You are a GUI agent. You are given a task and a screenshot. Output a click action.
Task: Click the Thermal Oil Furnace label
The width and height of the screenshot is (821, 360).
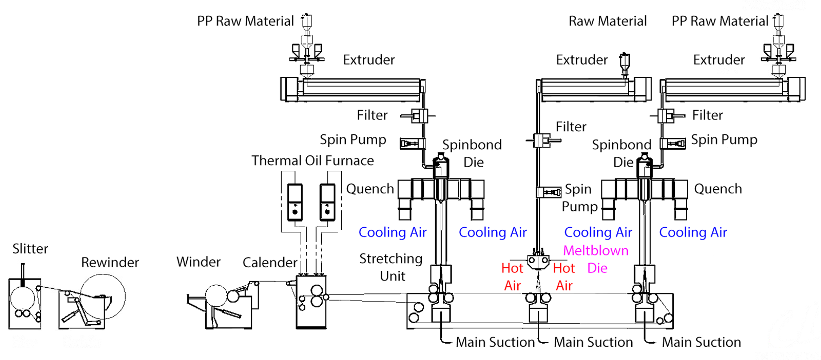click(312, 161)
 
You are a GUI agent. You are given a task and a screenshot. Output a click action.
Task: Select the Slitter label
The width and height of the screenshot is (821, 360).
click(30, 249)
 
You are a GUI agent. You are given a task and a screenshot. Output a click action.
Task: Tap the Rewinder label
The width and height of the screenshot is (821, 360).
click(110, 263)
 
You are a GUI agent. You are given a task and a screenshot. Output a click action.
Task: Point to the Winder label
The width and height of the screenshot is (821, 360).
click(198, 262)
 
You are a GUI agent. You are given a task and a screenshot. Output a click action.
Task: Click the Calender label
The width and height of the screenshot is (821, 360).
click(269, 263)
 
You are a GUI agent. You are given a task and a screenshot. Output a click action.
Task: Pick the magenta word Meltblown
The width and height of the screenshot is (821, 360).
click(596, 250)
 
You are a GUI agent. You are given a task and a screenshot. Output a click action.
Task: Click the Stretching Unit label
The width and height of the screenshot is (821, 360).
click(391, 267)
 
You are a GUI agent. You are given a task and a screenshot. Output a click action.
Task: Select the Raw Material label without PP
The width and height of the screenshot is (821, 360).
click(608, 21)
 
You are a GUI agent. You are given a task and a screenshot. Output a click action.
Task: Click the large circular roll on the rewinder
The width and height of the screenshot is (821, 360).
click(103, 296)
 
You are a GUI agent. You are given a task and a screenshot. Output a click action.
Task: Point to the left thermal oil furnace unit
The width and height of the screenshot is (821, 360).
click(295, 202)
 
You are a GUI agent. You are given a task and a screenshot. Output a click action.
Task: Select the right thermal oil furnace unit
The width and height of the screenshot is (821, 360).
click(327, 202)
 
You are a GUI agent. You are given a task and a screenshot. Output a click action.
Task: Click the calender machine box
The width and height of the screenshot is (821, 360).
click(311, 303)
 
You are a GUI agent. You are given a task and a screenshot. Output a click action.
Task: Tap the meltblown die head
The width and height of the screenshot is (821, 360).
click(538, 262)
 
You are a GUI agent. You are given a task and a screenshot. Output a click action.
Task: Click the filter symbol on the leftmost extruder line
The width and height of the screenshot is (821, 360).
click(419, 116)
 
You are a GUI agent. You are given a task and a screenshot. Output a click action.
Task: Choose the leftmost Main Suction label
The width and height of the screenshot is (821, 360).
click(495, 342)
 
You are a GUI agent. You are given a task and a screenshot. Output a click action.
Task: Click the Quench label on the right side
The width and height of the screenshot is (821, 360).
click(718, 189)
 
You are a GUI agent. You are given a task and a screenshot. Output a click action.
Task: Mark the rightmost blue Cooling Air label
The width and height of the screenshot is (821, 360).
click(693, 232)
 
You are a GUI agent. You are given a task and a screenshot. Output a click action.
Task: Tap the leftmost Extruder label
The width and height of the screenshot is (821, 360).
click(368, 60)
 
